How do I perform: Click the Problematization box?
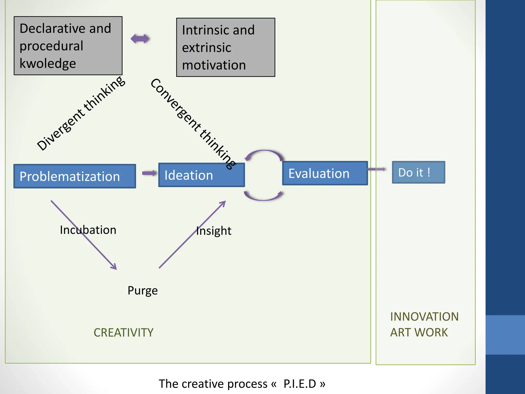(75, 176)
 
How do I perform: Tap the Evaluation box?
(325, 173)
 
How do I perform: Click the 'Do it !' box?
(418, 172)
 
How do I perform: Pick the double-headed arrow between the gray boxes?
(140, 39)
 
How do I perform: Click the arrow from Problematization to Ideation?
(149, 173)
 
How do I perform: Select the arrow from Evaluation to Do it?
(376, 169)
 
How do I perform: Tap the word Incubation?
(88, 230)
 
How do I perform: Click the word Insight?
(214, 231)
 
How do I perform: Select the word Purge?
(143, 291)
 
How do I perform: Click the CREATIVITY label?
(123, 333)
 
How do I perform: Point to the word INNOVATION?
(424, 317)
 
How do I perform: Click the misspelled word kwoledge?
(48, 63)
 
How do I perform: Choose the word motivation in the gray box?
(214, 65)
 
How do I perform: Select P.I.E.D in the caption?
(300, 384)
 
